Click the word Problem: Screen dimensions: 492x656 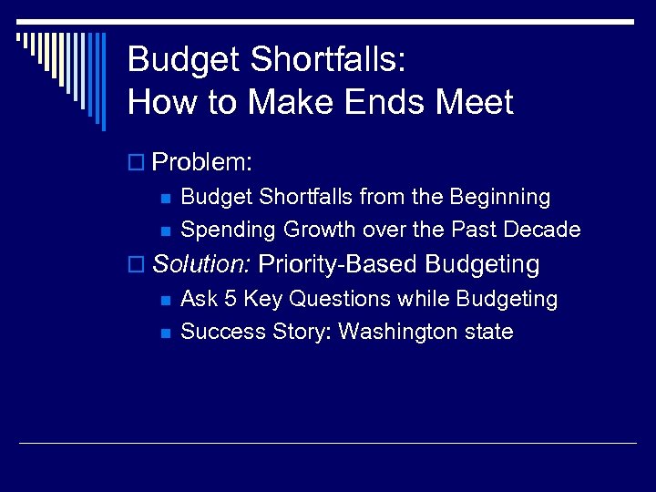click(202, 163)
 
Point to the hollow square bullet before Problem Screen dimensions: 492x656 click(137, 164)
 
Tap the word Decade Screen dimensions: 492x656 click(543, 230)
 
